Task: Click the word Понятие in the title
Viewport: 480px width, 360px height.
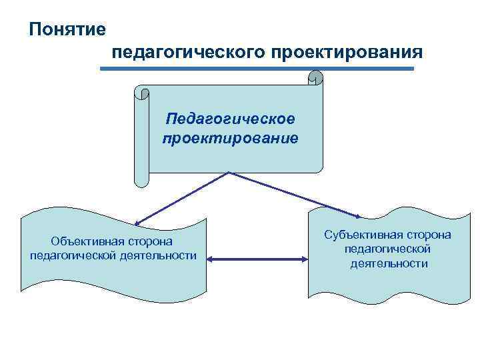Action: coord(67,29)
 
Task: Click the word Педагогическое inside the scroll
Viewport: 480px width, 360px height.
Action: coord(231,119)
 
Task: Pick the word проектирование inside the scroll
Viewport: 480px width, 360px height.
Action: coord(231,139)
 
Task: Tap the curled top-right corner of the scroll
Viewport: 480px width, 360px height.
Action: coord(317,79)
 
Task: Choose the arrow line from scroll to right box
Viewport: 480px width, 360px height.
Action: coord(293,194)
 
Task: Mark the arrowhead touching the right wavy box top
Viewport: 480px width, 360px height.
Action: coord(359,216)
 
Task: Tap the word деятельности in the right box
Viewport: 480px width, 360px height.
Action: coord(389,263)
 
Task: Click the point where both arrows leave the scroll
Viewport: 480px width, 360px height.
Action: coord(229,172)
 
